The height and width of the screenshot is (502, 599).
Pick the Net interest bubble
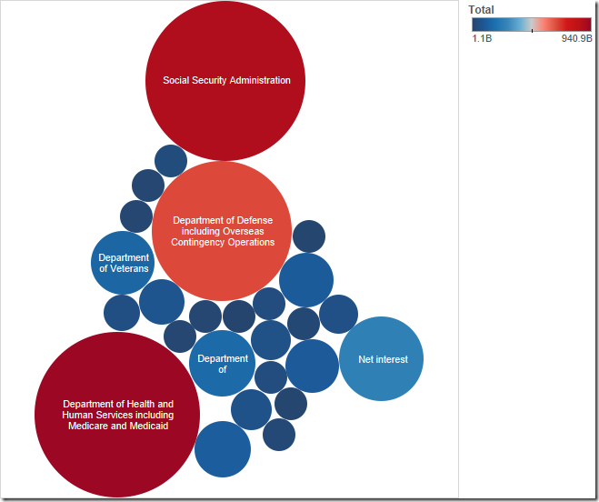click(x=382, y=359)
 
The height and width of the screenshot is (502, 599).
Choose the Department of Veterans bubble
click(x=124, y=263)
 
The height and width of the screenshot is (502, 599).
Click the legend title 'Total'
click(x=481, y=10)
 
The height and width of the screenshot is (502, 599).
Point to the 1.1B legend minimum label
click(x=482, y=39)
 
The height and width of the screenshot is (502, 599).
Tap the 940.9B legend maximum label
click(x=576, y=39)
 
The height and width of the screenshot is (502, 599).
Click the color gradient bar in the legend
click(x=531, y=25)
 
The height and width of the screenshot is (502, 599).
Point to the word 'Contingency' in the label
click(x=201, y=242)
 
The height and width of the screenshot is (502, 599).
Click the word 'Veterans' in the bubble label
click(x=130, y=268)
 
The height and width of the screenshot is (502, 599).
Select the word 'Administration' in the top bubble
click(x=260, y=80)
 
